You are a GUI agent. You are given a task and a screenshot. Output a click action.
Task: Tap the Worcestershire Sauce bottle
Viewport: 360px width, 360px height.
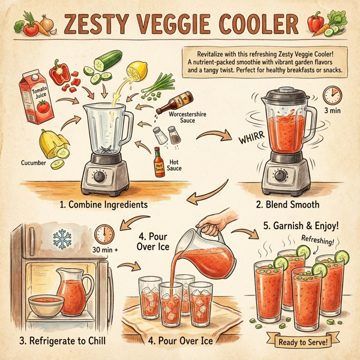pyautogui.click(x=174, y=102)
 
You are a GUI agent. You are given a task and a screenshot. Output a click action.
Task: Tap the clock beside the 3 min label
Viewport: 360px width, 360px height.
pyautogui.click(x=332, y=94)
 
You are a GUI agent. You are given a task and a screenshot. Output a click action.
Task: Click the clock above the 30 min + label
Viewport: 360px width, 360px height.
pyautogui.click(x=104, y=233)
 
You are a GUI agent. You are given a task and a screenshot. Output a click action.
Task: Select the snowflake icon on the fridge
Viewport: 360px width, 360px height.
pyautogui.click(x=62, y=239)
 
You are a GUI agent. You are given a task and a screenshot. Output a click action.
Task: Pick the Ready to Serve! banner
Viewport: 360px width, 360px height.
pyautogui.click(x=302, y=342)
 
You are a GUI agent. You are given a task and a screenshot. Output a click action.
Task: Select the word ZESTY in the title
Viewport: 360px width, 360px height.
pyautogui.click(x=98, y=25)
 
